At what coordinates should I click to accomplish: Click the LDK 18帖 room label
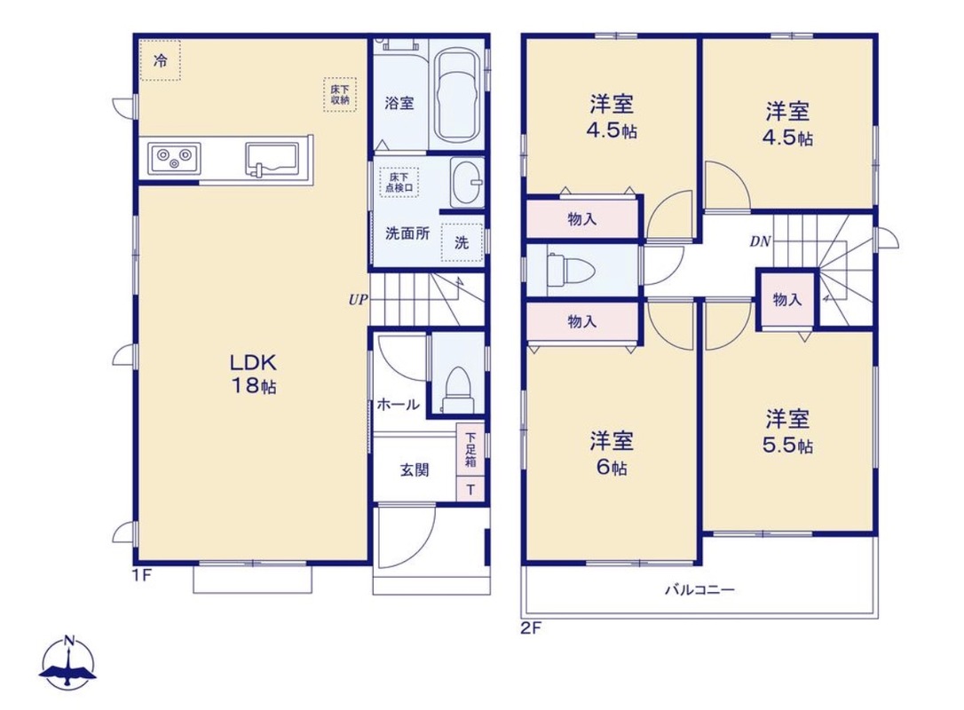click(253, 373)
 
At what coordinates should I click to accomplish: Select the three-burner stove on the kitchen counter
click(174, 158)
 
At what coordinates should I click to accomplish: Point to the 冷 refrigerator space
click(160, 60)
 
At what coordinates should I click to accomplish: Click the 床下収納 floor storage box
click(340, 95)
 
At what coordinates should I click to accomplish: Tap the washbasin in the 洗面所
click(467, 182)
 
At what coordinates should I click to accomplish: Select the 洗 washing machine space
click(462, 242)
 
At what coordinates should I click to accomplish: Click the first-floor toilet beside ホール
click(457, 390)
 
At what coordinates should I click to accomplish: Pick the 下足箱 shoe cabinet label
click(470, 449)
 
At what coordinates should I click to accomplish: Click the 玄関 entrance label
click(415, 470)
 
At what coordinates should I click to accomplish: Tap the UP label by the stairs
click(358, 300)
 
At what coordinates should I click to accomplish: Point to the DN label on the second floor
click(760, 241)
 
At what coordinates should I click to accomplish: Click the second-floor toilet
click(571, 270)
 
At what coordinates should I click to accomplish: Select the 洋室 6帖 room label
click(611, 454)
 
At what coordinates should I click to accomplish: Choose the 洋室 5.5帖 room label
click(787, 431)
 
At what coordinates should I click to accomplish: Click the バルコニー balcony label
click(699, 590)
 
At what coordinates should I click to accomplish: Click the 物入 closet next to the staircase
click(787, 299)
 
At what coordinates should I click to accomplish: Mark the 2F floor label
click(532, 628)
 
